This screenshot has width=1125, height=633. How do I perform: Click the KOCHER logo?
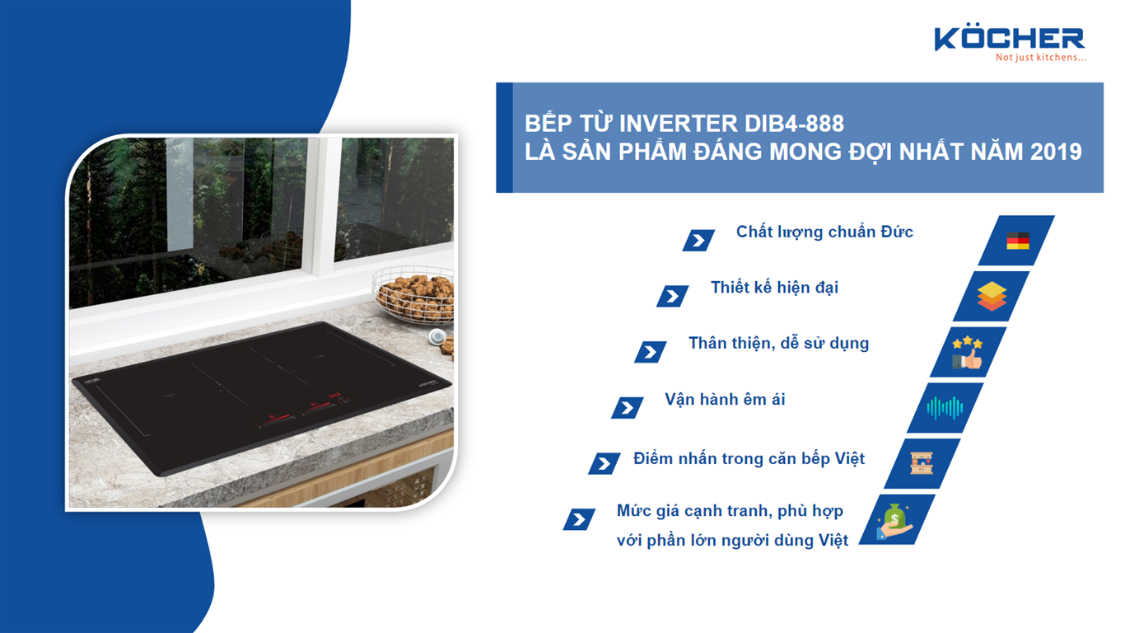coord(1009,38)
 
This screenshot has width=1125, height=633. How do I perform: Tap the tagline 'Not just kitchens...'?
coord(1040,58)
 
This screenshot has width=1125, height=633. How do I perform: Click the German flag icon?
coord(1018,241)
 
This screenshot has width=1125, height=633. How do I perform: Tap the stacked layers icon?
coord(992,296)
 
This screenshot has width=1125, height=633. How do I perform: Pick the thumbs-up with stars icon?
coord(969,352)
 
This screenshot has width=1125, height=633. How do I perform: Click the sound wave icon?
coord(945,407)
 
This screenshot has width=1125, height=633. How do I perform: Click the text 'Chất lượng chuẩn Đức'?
coord(824,232)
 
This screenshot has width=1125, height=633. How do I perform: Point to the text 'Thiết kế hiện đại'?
coord(774,288)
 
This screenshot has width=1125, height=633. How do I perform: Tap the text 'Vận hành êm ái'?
coord(725,400)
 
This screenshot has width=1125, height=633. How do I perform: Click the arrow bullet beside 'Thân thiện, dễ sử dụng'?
coord(651,352)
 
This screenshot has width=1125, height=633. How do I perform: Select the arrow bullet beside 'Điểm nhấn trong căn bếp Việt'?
coord(605,463)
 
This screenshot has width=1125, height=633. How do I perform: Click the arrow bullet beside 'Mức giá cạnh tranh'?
coord(580,519)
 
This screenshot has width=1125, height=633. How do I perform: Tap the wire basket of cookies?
coord(414,295)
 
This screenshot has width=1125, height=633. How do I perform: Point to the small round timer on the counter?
coord(436,336)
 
